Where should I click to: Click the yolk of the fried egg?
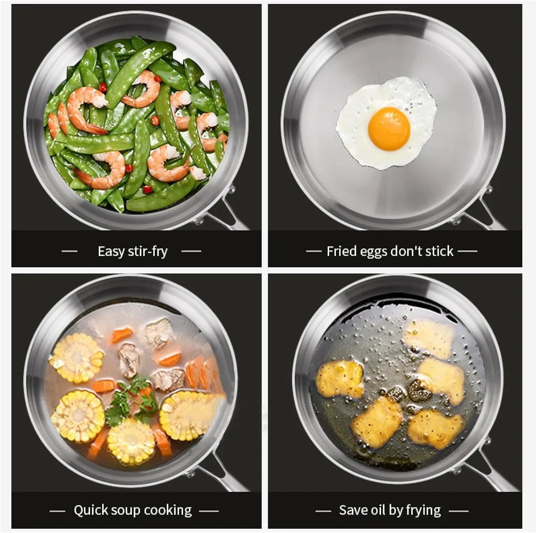tap(389, 127)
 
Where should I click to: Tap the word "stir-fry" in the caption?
tap(148, 251)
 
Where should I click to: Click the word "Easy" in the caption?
tap(111, 252)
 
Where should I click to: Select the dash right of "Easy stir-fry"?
tap(192, 251)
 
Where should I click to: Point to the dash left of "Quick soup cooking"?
tap(57, 511)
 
